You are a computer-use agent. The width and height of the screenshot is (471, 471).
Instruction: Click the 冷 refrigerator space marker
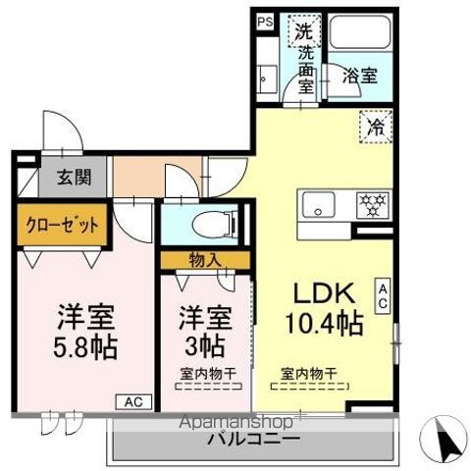click(372, 127)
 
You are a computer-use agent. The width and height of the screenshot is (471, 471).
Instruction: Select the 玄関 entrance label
click(60, 179)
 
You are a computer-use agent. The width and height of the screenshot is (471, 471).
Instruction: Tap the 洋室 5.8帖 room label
click(83, 332)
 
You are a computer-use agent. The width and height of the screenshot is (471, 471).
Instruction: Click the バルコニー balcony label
click(252, 438)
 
